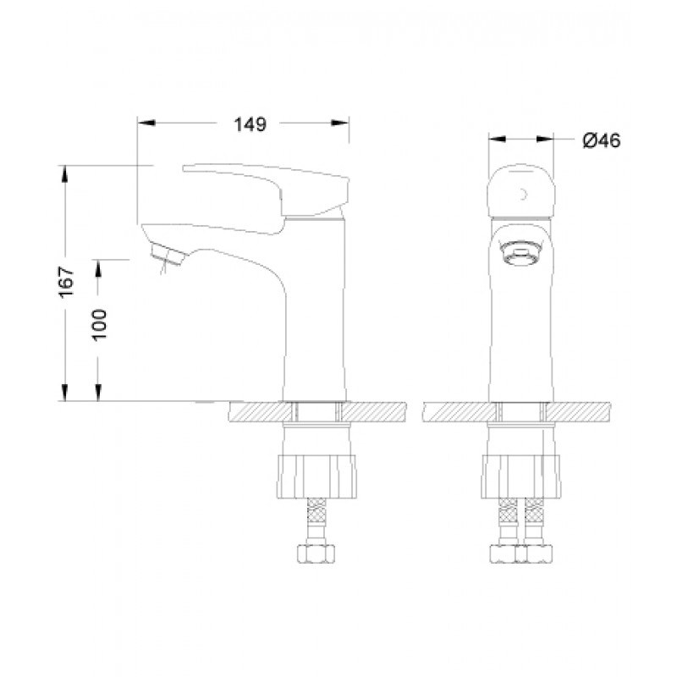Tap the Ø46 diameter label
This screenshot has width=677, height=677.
[x=601, y=140]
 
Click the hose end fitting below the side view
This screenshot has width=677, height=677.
[x=316, y=556]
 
